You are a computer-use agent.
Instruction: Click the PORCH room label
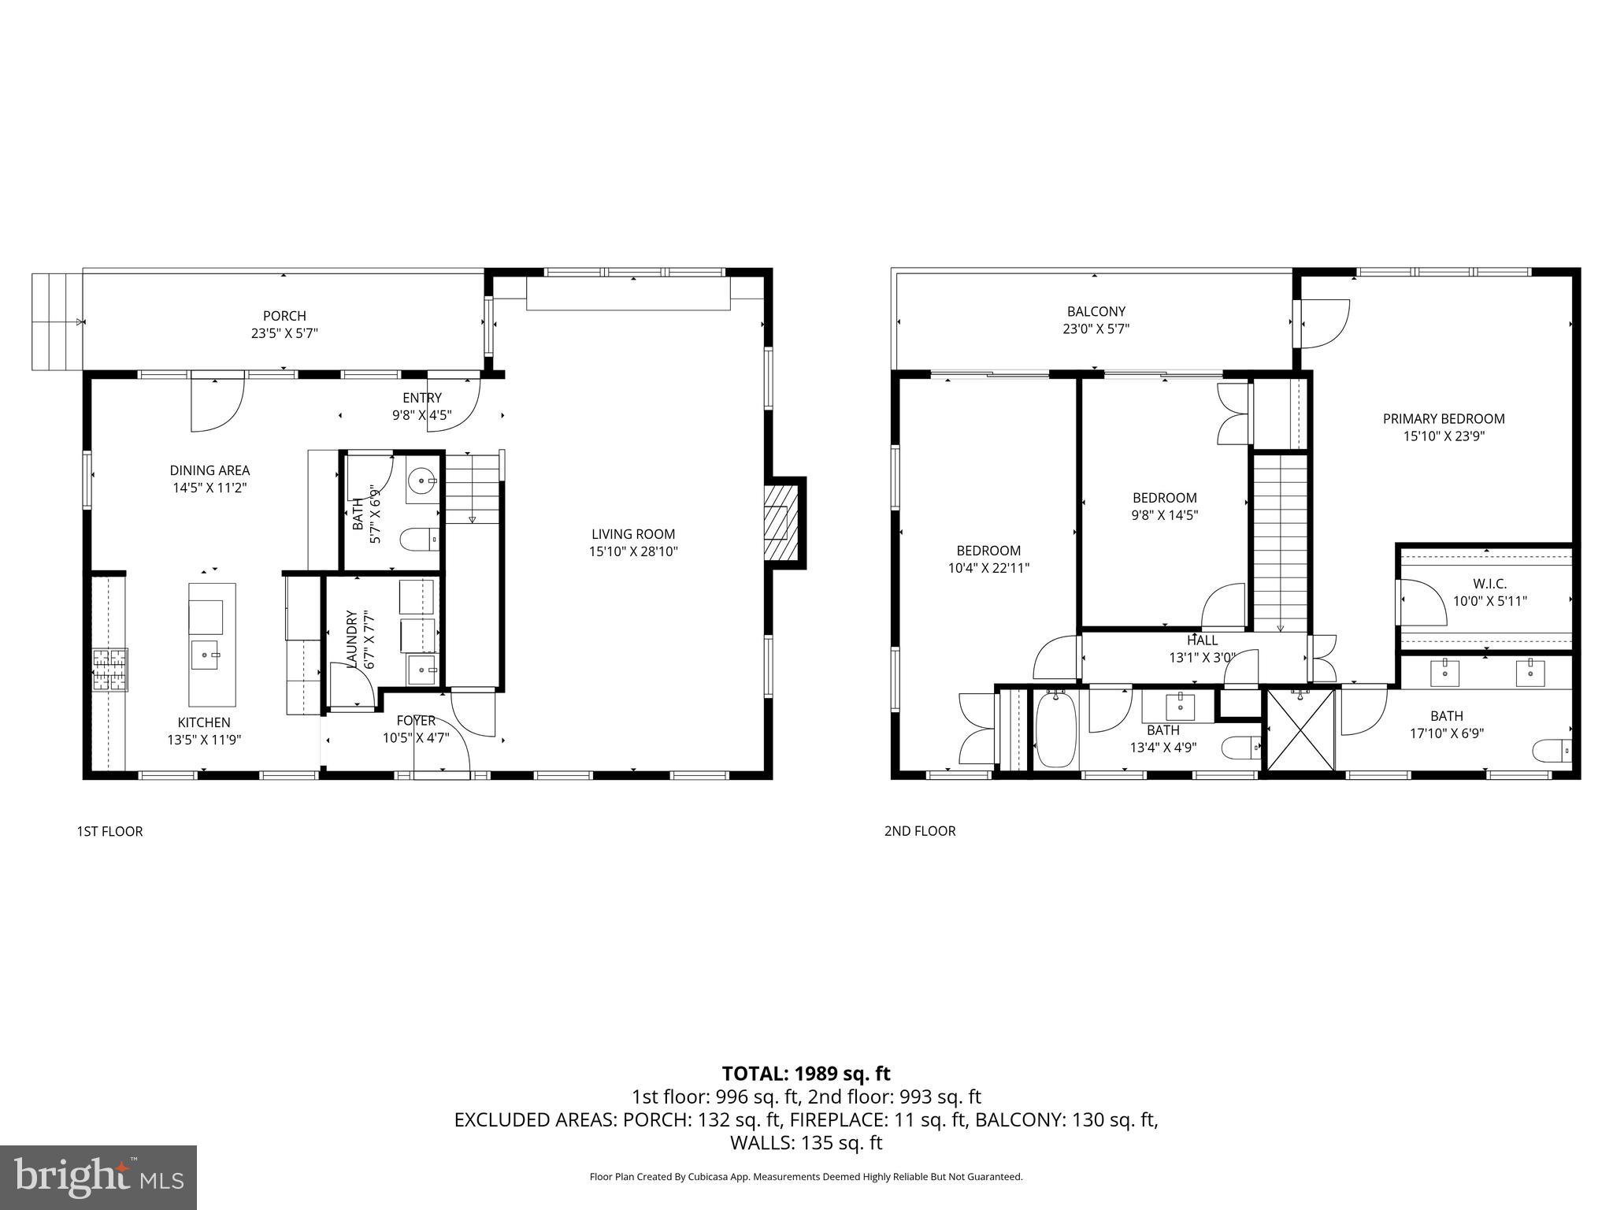pos(284,316)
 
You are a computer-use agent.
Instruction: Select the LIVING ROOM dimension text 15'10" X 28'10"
pos(633,551)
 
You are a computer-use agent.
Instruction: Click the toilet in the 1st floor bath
pos(418,540)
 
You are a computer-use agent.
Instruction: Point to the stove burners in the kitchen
pos(109,669)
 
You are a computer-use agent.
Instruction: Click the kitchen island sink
pos(208,654)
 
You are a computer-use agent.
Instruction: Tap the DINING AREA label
pos(210,470)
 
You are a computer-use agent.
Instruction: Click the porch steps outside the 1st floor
pos(57,321)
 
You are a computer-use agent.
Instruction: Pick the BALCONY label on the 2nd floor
pos(1096,312)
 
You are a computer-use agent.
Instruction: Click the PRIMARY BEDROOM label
pos(1444,419)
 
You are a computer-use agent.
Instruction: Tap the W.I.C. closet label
pos(1489,584)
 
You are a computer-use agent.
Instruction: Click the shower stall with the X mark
pos(1301,729)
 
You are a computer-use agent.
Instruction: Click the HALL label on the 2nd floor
pos(1202,640)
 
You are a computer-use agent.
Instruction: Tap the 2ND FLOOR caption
pos(919,831)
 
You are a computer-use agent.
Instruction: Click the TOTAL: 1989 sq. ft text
pos(806,1073)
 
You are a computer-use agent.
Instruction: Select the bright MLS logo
pos(98,1178)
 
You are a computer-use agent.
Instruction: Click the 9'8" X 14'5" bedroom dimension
pos(1165,515)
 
